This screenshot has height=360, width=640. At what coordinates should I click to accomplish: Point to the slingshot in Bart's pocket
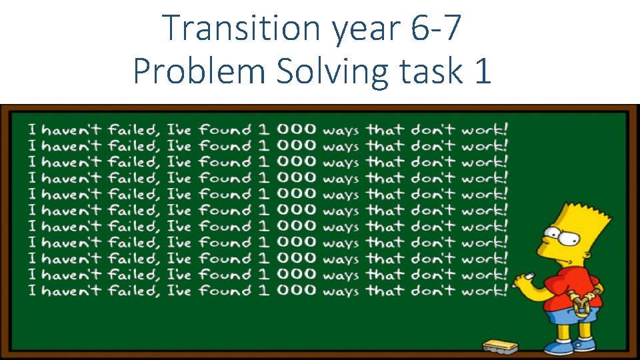(x=580, y=307)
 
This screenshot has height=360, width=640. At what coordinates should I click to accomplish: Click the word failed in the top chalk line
(x=135, y=129)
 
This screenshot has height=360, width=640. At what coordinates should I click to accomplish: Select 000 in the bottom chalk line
(x=294, y=290)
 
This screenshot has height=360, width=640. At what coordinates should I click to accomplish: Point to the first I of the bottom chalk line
(x=32, y=290)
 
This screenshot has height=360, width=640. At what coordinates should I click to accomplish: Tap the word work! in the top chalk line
(x=485, y=129)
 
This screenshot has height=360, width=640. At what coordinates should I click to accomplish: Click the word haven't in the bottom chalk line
(x=72, y=290)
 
